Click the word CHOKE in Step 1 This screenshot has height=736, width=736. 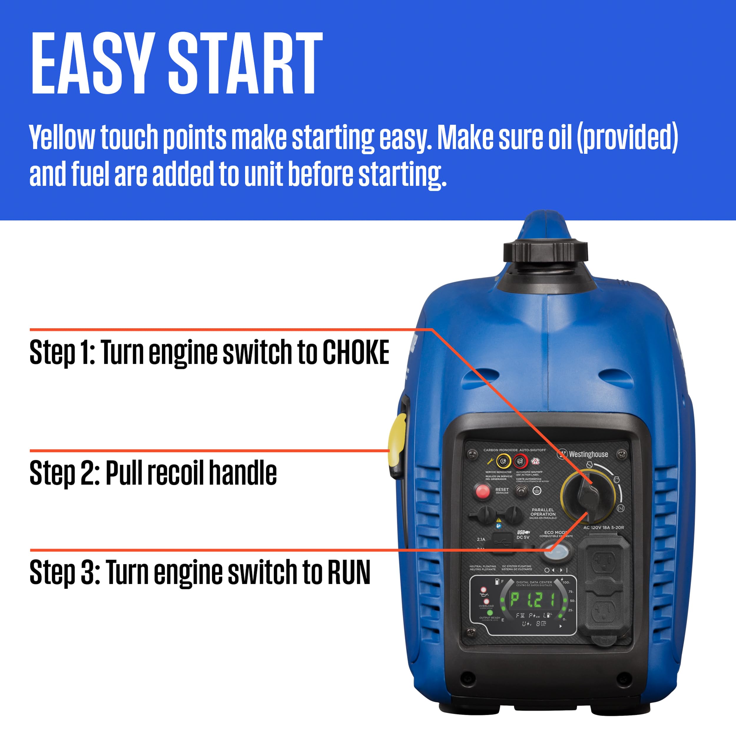pos(356,352)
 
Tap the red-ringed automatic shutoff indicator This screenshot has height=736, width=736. pos(520,462)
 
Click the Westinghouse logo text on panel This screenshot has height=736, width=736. pos(588,454)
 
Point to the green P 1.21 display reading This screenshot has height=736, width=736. pos(532,600)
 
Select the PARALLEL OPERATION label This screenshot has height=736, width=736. pos(543,512)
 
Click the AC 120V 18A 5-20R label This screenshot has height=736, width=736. pos(604,528)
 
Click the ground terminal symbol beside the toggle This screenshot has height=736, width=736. pos(537,491)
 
